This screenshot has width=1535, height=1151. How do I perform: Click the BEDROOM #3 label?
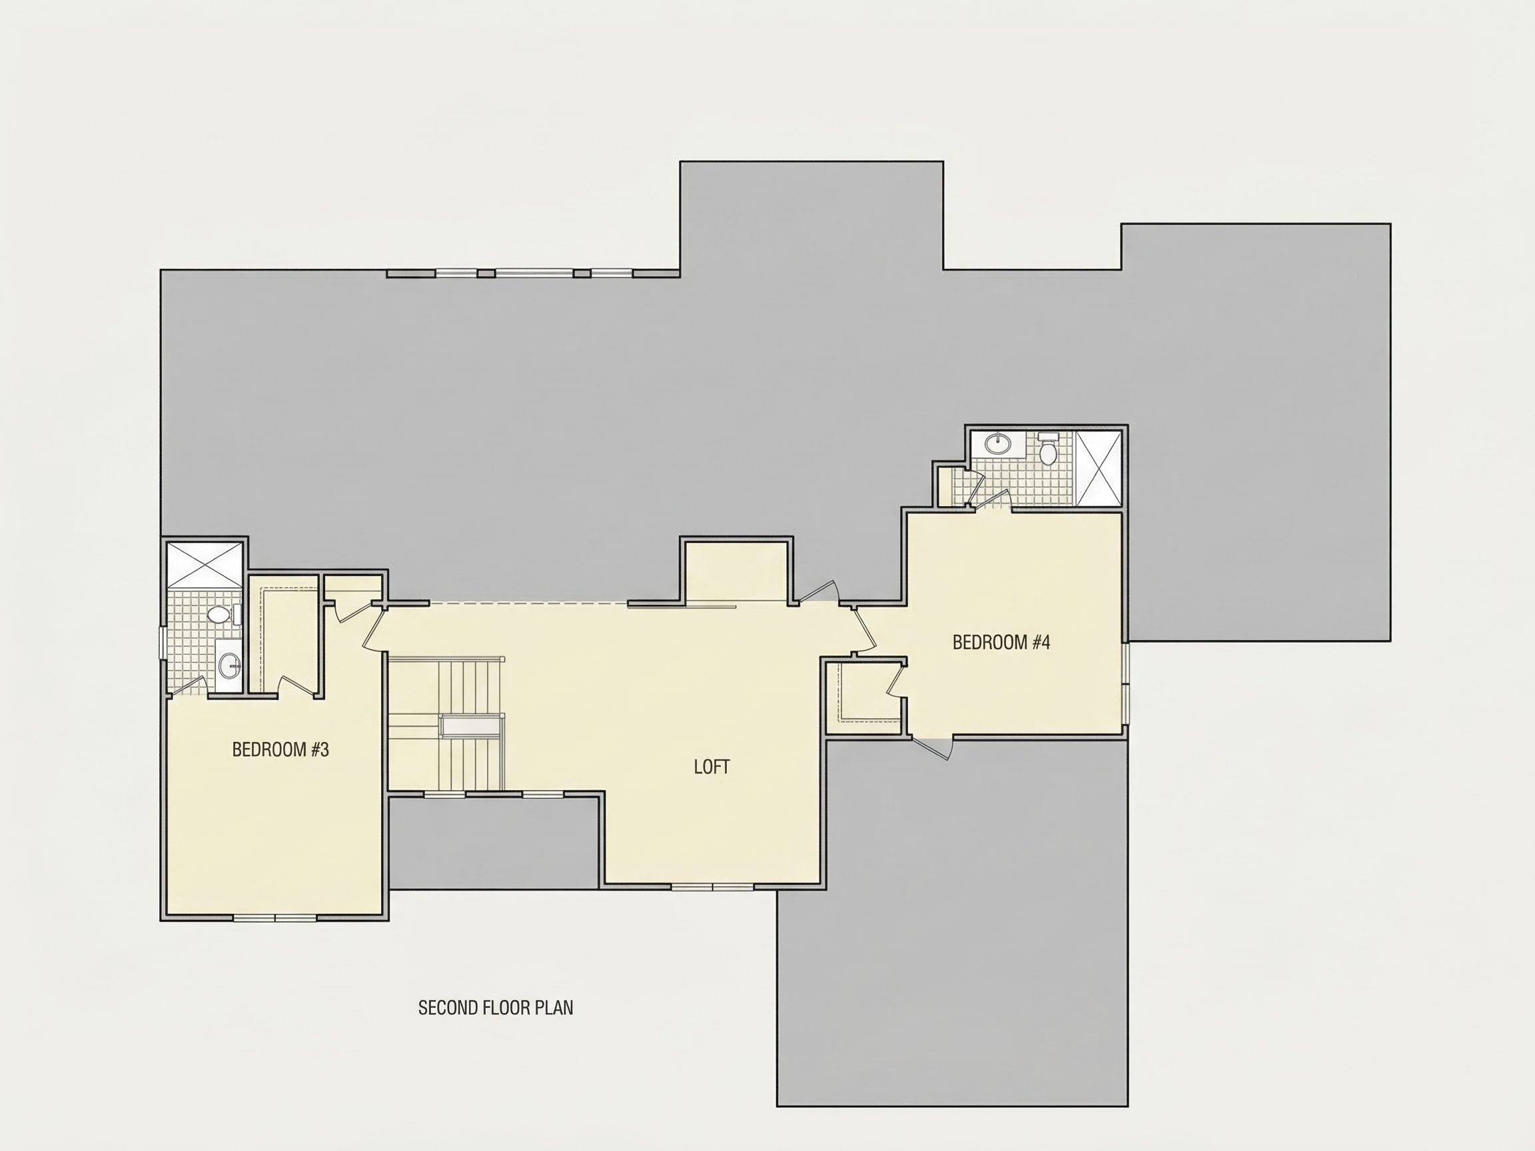[280, 749]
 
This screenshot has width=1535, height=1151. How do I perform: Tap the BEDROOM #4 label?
[1001, 643]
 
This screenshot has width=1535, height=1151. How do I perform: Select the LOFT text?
[712, 767]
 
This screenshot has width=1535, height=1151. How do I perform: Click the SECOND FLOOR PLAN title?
[496, 1008]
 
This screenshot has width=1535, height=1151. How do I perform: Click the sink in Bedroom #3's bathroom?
[229, 667]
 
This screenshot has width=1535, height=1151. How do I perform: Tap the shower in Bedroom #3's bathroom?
[205, 566]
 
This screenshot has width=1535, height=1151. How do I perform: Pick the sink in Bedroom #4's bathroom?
[999, 443]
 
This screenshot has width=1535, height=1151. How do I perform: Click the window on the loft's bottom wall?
[713, 886]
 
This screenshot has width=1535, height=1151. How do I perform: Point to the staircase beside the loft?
[446, 724]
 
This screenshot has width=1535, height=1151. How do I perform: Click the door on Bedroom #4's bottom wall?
[932, 747]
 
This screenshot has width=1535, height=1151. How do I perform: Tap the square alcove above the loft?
[736, 572]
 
